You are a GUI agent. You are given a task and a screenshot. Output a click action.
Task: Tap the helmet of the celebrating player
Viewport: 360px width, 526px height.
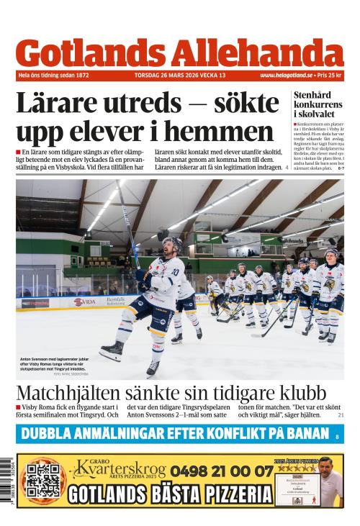pos(171,244)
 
